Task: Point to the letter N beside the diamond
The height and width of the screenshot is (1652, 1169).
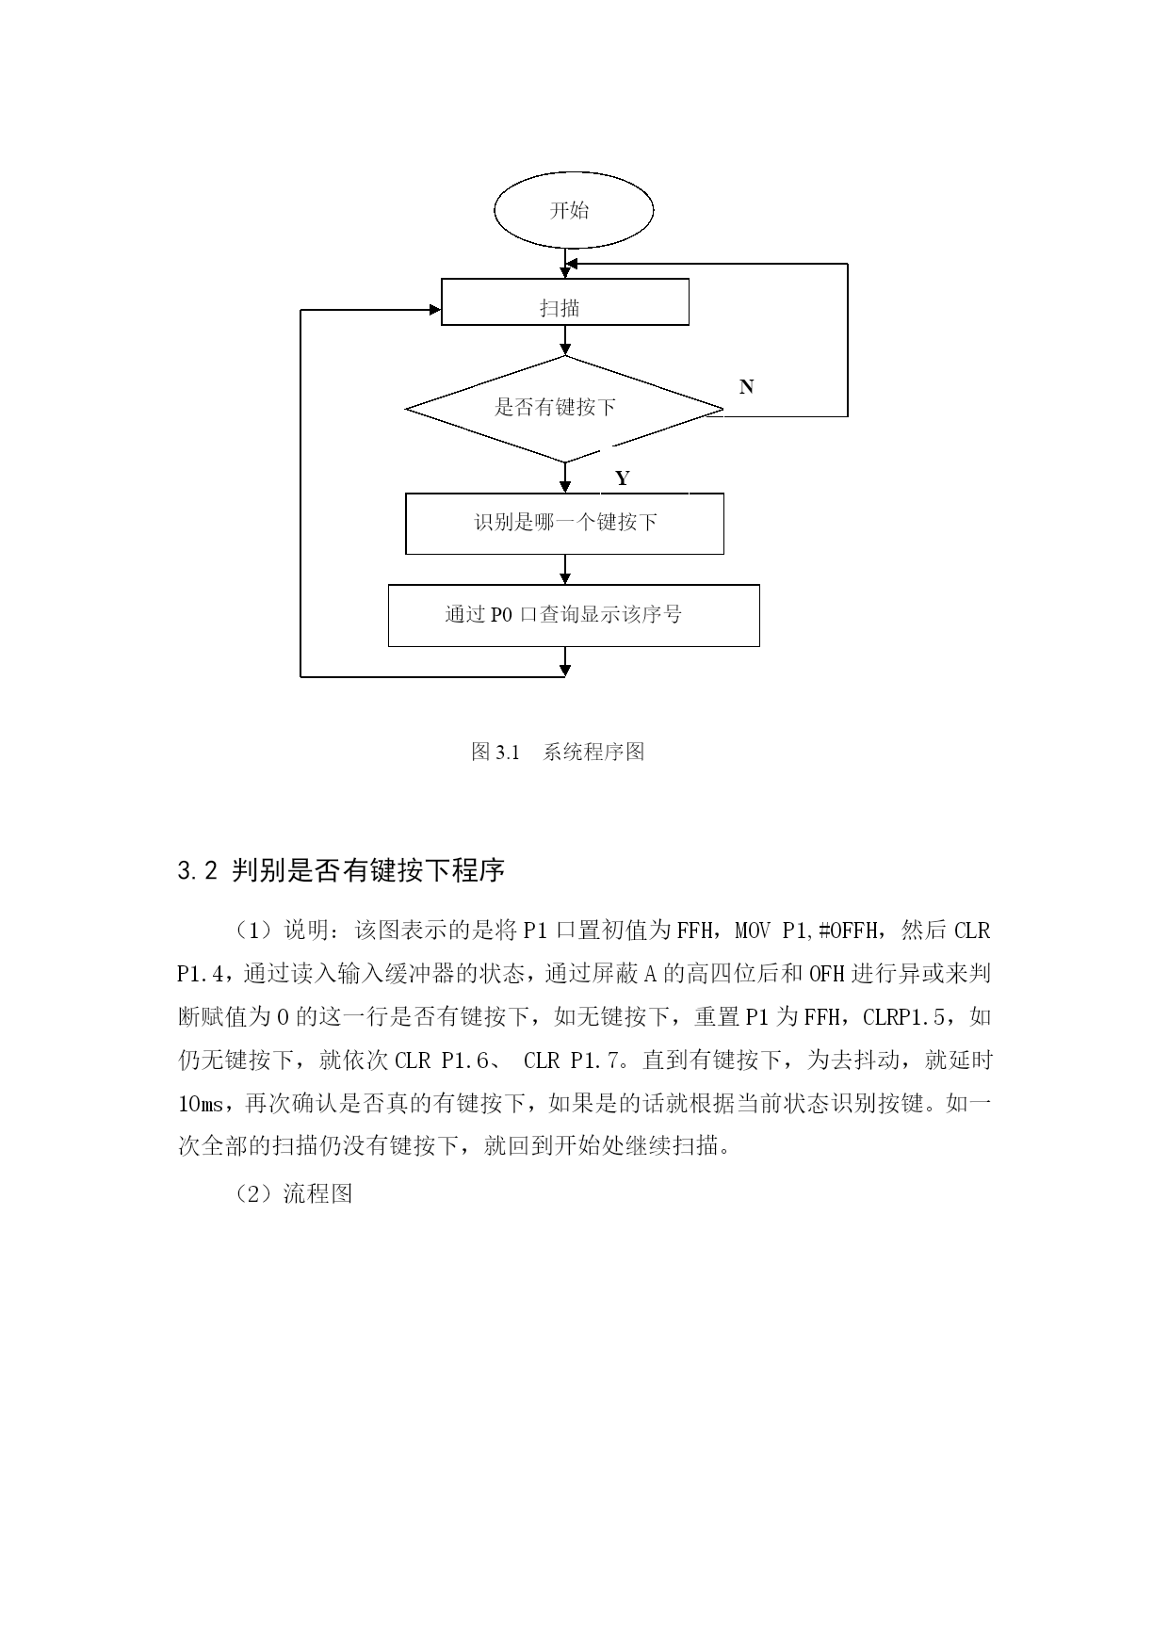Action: pos(746,387)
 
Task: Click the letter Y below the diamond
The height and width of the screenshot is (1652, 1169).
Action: pos(622,478)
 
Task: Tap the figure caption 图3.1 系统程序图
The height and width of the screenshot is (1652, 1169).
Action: pos(558,752)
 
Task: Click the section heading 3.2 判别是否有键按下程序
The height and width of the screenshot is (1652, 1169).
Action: pos(341,870)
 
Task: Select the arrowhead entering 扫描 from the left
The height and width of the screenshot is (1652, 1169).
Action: pos(436,309)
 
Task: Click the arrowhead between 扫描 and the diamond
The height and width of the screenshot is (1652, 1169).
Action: pos(565,349)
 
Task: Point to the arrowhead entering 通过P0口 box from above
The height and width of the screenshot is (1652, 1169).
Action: pos(565,578)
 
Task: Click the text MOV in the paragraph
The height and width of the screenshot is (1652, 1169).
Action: pos(752,931)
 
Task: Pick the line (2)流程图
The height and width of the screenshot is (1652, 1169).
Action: pos(294,1194)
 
